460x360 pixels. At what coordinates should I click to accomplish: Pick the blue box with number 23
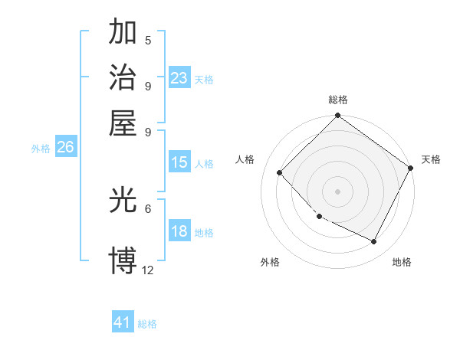click(179, 78)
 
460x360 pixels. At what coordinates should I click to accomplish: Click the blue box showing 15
click(179, 162)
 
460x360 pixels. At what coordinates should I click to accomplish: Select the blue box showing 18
click(179, 231)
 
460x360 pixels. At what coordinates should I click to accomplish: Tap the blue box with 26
click(65, 148)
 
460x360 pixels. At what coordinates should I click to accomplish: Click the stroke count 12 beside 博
click(148, 270)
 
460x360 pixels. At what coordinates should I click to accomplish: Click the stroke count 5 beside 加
click(148, 40)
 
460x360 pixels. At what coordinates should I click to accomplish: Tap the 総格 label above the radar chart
click(338, 100)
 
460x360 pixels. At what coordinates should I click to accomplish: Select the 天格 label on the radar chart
click(431, 159)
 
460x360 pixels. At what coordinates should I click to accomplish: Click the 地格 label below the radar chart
click(402, 262)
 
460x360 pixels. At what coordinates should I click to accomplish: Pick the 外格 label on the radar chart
click(270, 262)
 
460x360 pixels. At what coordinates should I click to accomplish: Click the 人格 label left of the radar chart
click(245, 159)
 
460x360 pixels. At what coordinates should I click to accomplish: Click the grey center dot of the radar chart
click(337, 191)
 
